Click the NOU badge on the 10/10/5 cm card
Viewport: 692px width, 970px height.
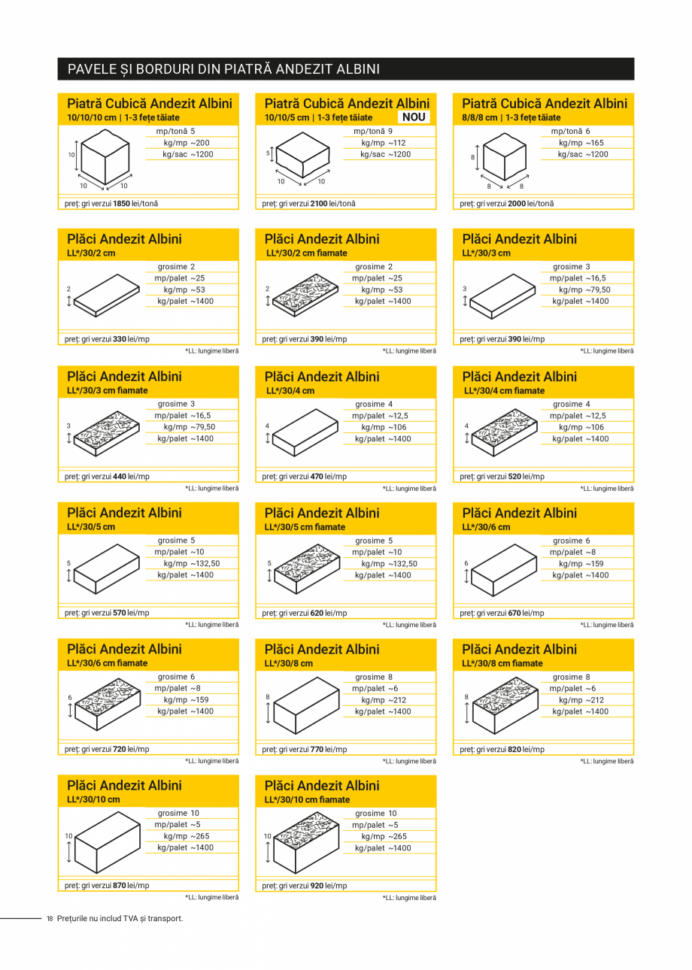point(414,117)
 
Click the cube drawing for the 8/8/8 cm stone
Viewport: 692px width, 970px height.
point(504,159)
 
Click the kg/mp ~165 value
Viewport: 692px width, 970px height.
point(581,143)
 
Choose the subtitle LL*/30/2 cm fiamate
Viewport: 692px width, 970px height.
point(307,253)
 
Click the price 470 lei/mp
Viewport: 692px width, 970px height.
point(317,477)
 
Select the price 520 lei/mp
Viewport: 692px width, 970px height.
point(514,477)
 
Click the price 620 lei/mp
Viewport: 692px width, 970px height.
point(317,614)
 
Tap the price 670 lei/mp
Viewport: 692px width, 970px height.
point(514,614)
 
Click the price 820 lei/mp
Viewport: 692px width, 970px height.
point(514,750)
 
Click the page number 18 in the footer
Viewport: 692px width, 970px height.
point(50,918)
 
